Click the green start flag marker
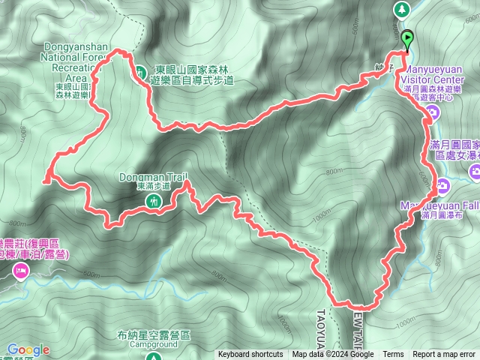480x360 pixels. coord(406,38)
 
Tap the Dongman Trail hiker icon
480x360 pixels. coord(153,201)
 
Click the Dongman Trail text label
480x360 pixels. coord(151,178)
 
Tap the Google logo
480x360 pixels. coord(28,349)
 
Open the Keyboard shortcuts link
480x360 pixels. coord(250,355)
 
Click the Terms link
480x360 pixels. coord(393,355)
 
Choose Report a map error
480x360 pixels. coord(444,355)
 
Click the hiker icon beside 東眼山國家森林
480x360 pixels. coord(141,73)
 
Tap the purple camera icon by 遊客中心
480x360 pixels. coord(432,112)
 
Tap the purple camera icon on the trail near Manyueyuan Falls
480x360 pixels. coord(443,184)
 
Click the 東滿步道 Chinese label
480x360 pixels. coord(152,186)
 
